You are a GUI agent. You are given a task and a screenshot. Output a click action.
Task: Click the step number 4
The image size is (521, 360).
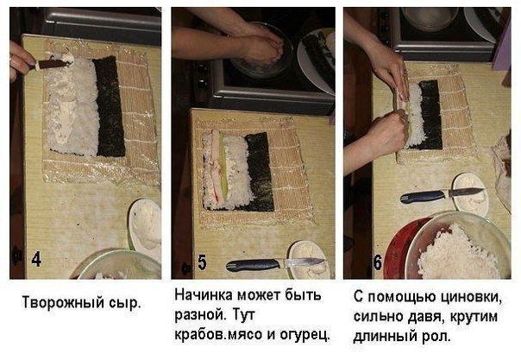[x=36, y=260]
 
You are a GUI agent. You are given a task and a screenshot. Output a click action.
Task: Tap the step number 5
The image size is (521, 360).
[x=202, y=262]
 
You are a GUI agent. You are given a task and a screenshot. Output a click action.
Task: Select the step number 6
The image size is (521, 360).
[x=378, y=262]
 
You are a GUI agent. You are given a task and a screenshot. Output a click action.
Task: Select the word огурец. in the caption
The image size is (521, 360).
[x=305, y=335]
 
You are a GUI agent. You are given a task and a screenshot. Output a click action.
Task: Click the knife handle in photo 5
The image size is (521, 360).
[x=253, y=265]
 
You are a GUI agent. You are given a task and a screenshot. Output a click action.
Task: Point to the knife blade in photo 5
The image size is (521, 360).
[x=304, y=262]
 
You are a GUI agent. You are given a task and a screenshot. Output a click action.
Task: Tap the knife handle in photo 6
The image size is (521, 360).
[x=423, y=197]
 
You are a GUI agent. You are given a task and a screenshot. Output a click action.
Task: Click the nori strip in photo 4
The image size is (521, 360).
[x=109, y=107]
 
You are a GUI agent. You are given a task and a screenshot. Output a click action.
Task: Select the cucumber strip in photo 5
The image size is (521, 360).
[x=222, y=167]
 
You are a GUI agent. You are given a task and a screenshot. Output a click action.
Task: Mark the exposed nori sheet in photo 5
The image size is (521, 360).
[x=260, y=172]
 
